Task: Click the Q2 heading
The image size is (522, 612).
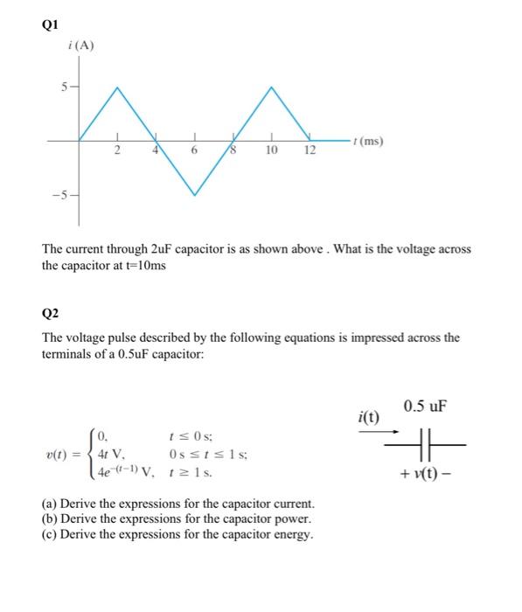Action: [51, 313]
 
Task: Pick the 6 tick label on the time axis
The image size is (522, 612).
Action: [195, 152]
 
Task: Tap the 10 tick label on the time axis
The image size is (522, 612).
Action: [272, 152]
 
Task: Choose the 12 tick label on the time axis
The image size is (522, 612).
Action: [310, 152]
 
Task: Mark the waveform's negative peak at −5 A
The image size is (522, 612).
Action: [195, 193]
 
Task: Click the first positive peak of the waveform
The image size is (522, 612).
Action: [118, 87]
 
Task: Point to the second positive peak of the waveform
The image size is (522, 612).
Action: [272, 87]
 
